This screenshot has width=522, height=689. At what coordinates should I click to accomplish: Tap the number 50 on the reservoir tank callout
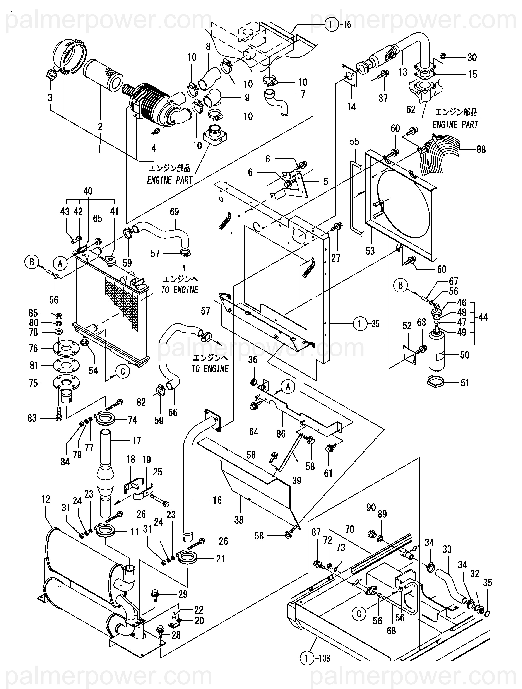click(x=464, y=355)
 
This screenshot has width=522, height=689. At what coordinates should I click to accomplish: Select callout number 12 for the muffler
click(x=45, y=499)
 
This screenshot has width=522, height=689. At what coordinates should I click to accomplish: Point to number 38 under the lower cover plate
click(x=239, y=520)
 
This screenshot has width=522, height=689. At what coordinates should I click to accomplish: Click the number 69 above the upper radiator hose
click(x=175, y=212)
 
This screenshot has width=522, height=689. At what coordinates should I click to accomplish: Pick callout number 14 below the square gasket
click(x=351, y=107)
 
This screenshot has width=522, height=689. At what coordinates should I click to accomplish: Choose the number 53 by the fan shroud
click(x=370, y=251)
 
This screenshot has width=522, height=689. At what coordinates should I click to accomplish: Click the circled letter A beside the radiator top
click(x=60, y=264)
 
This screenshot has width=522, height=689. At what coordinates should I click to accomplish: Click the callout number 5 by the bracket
click(x=326, y=182)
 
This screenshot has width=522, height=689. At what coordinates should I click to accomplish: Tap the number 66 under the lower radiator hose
click(x=173, y=412)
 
